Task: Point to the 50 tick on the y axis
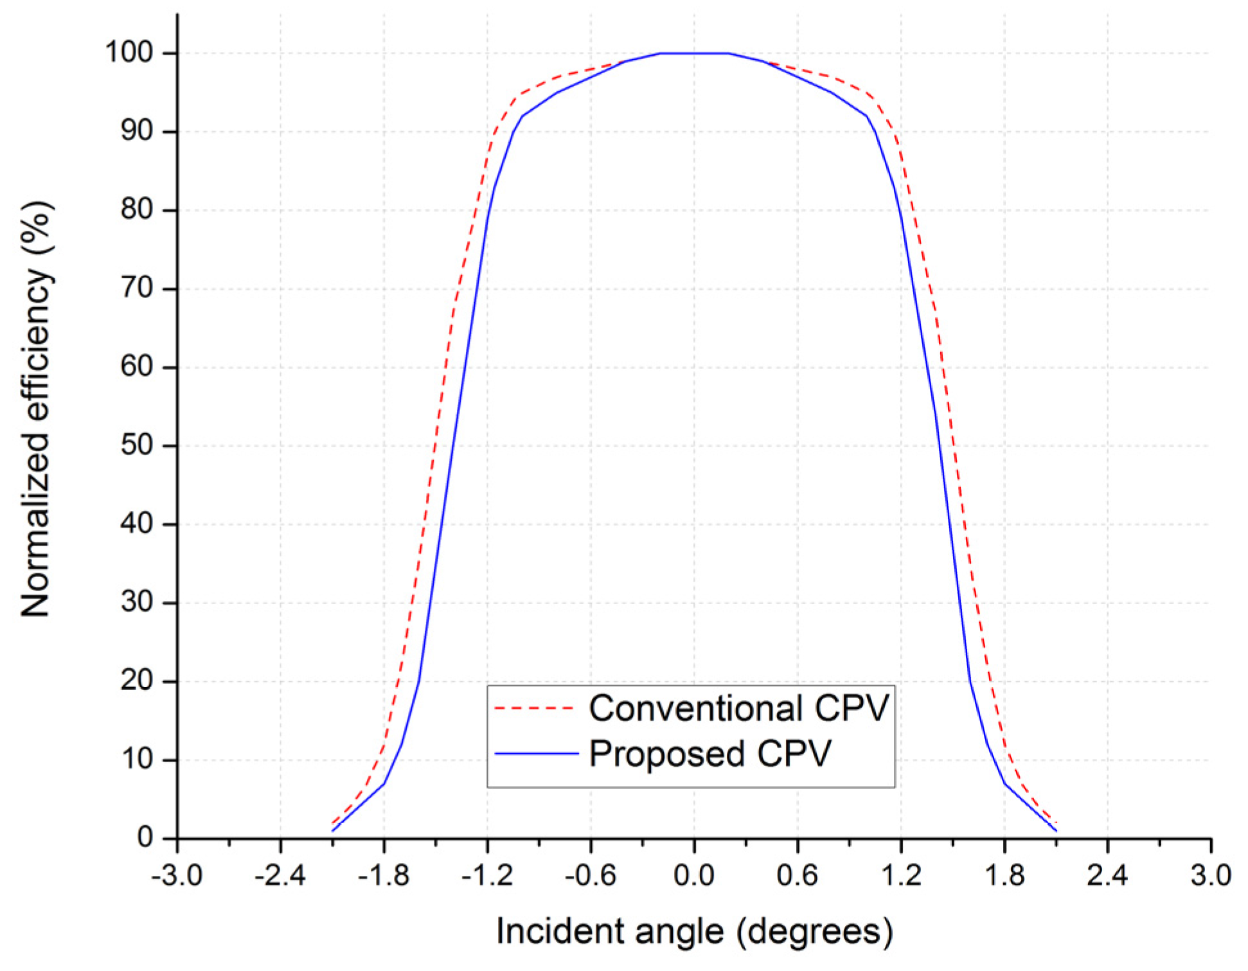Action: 137,445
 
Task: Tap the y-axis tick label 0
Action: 145,837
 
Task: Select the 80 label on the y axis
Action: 137,209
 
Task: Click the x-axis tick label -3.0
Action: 177,875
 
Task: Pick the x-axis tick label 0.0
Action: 693,875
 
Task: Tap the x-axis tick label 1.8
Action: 1004,875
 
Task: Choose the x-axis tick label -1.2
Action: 486,875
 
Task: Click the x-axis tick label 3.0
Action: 1211,875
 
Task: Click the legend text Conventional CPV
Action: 738,708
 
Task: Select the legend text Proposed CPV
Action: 710,754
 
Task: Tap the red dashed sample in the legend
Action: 534,708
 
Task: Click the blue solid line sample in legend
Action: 536,754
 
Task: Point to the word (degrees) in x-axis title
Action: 815,931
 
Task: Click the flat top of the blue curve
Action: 693,53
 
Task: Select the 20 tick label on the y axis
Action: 137,681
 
